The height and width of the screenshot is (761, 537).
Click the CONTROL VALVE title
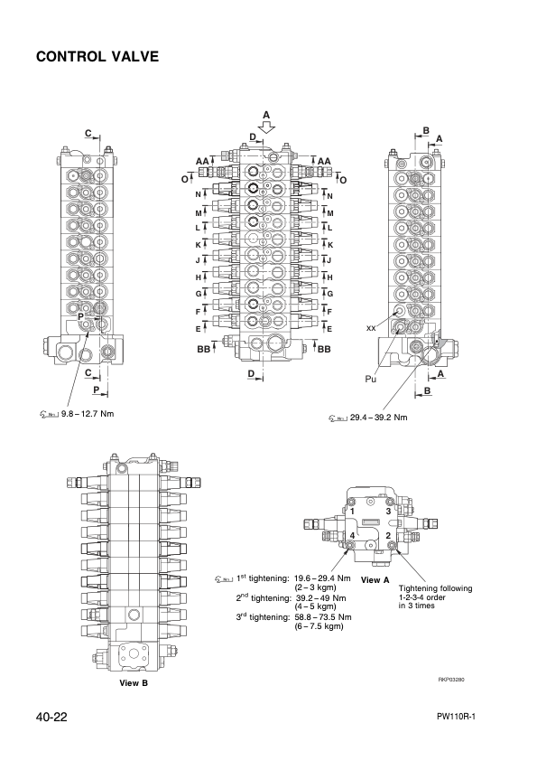97,57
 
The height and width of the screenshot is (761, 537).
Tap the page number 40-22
55,717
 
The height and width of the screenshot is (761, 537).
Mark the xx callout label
371,327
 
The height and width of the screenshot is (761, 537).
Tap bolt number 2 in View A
387,536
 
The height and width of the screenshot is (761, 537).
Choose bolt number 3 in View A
388,512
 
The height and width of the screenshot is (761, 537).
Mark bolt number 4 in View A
353,536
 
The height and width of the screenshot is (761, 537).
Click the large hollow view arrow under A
265,127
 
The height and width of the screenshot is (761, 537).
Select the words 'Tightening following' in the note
435,588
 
